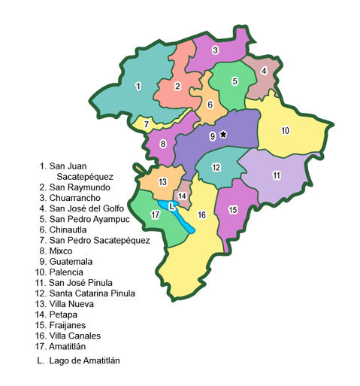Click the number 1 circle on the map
(x=138, y=87)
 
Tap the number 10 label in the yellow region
(x=286, y=130)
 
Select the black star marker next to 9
(x=222, y=135)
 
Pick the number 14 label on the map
(x=182, y=196)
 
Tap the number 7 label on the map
(x=147, y=124)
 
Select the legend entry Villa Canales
(x=75, y=335)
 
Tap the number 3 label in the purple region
(x=215, y=50)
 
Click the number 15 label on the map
(x=233, y=209)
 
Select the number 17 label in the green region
(x=155, y=215)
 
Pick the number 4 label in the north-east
(x=264, y=71)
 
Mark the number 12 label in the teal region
(x=216, y=167)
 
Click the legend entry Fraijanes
(x=69, y=324)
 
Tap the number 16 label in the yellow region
(x=201, y=215)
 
